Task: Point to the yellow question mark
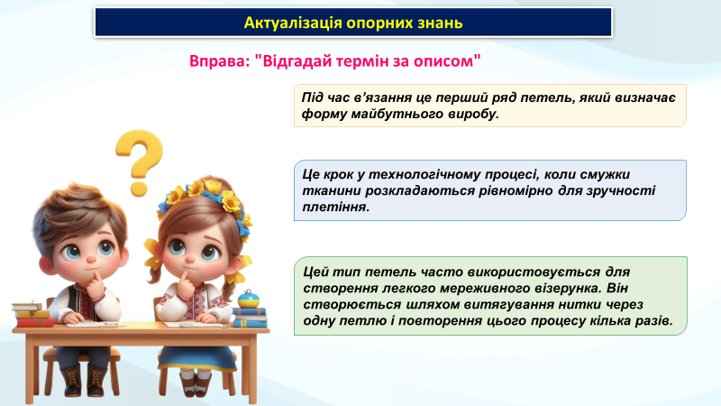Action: pyautogui.click(x=140, y=162)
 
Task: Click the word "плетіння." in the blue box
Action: pyautogui.click(x=336, y=207)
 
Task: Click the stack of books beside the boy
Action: pyautogui.click(x=33, y=314)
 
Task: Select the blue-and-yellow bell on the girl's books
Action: pyautogui.click(x=249, y=300)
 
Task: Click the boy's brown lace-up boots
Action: pyautogui.click(x=84, y=380)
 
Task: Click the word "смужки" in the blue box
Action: pyautogui.click(x=605, y=174)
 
